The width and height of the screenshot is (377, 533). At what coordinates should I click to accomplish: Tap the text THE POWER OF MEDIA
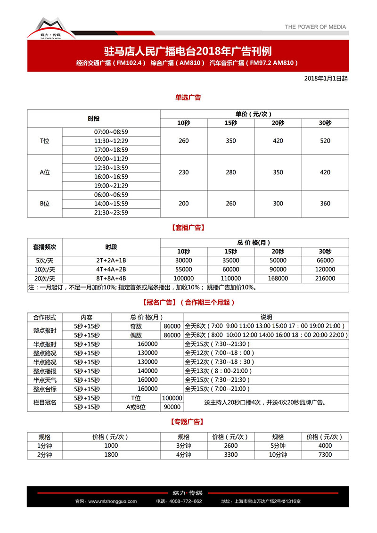(315, 27)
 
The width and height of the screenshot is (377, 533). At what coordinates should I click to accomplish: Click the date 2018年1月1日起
(326, 79)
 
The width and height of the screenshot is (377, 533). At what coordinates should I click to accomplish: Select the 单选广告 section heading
(188, 98)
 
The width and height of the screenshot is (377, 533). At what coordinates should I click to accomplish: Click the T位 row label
(44, 141)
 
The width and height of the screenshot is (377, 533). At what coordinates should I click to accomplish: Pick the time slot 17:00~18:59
(111, 150)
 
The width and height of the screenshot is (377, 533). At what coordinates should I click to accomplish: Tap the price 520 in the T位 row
(325, 141)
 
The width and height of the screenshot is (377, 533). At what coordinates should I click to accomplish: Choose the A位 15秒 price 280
(231, 172)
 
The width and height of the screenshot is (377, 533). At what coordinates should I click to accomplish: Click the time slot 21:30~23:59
(111, 213)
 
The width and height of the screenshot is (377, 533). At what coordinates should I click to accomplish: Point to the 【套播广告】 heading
(188, 227)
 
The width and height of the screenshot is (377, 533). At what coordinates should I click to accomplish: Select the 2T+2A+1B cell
(111, 260)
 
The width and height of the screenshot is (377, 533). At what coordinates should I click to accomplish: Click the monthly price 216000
(325, 278)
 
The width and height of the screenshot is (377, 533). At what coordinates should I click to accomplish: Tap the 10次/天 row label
(44, 269)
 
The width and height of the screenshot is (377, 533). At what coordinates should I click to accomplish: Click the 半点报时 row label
(44, 344)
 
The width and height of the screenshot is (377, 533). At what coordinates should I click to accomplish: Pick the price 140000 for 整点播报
(148, 371)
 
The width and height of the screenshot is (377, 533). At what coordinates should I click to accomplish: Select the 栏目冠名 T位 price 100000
(172, 398)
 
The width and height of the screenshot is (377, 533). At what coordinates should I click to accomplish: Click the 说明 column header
(266, 317)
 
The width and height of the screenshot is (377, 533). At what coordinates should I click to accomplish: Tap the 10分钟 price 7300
(325, 455)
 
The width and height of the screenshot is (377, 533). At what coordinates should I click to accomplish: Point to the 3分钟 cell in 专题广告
(184, 446)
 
